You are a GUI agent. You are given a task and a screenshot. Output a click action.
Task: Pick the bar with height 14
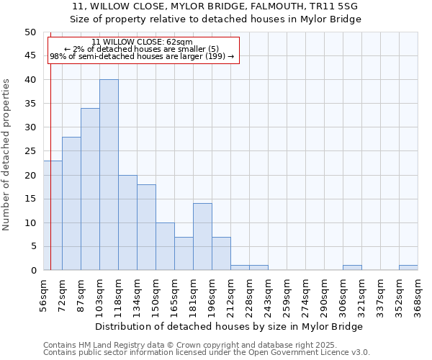click(202, 237)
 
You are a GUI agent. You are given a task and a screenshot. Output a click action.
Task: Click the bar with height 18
click(146, 228)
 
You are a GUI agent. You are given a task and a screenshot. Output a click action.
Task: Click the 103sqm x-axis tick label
click(99, 291)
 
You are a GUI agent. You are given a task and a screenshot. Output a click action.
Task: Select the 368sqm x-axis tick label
click(418, 291)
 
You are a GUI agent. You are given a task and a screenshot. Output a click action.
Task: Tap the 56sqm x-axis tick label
click(43, 289)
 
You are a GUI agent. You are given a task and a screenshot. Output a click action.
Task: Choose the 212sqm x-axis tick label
click(230, 291)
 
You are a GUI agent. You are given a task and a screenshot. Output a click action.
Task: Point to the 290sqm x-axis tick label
click(324, 291)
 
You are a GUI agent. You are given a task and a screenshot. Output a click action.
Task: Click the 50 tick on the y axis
click(30, 32)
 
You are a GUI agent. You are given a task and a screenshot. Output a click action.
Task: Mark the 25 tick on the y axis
click(30, 151)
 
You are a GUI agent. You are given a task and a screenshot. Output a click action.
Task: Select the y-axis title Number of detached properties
click(7, 151)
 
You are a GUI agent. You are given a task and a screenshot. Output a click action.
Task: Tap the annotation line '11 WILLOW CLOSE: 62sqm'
click(143, 42)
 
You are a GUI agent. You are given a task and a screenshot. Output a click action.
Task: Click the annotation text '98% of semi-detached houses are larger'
click(142, 56)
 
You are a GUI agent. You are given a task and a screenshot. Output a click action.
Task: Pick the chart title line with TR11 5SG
click(215, 6)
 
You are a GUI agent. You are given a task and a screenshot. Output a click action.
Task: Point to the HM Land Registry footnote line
click(205, 345)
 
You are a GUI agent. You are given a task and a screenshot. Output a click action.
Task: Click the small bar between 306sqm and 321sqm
click(352, 268)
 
